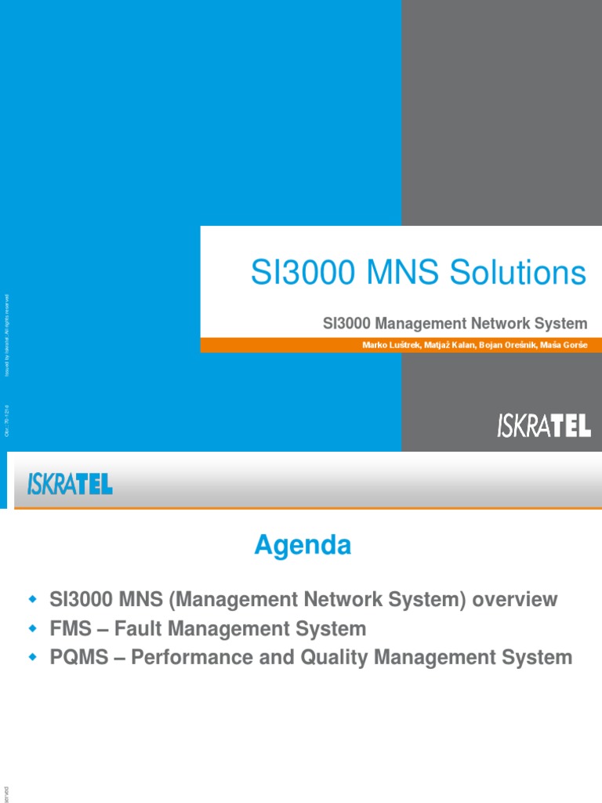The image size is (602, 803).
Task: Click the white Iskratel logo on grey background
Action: coord(544,426)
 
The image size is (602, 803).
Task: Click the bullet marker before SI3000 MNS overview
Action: coord(33,600)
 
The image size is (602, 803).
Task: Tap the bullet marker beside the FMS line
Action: coord(33,628)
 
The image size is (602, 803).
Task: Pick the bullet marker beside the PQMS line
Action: coord(33,657)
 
